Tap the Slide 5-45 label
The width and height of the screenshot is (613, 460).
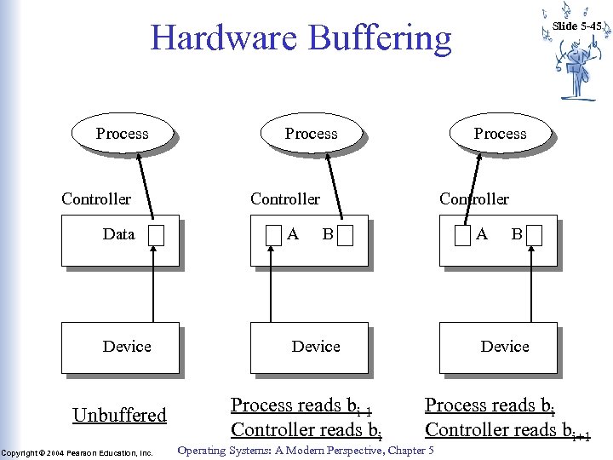577,26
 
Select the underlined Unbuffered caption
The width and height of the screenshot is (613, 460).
119,416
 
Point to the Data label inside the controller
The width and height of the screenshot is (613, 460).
118,234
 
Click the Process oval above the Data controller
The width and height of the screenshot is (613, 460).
122,134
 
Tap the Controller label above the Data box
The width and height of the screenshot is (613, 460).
96,199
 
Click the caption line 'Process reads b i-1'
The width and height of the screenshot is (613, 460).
303,406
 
